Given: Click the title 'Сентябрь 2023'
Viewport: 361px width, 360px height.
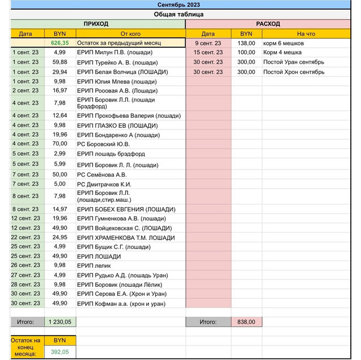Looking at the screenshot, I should pos(179,5).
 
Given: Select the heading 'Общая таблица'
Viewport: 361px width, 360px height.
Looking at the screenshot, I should pos(179,14).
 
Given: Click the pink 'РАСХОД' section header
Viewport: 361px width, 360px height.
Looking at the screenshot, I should pos(268,24).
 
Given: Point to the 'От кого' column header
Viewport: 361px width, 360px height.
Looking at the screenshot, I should pos(130,34).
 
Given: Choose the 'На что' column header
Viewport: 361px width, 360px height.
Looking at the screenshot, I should pos(306,34).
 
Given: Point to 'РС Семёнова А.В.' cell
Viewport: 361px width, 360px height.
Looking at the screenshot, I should pos(102,175).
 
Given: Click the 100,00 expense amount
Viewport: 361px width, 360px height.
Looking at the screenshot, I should pos(246,52).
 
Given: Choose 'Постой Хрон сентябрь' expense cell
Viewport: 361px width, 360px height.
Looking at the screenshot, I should pos(293,72).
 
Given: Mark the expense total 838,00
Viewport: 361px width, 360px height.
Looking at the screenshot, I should pos(246,322).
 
